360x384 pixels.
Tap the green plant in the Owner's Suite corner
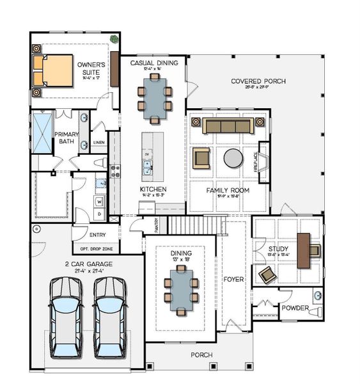point(114,39)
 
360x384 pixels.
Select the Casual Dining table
point(154,98)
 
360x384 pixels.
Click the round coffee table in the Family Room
point(233,157)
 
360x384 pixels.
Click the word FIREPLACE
point(256,161)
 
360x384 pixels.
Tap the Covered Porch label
point(258,81)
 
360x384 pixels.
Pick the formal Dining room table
point(180,289)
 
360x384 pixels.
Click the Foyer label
point(234,279)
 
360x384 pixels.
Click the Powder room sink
point(318,296)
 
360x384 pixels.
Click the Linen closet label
point(98,142)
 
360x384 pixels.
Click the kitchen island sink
point(147,168)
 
